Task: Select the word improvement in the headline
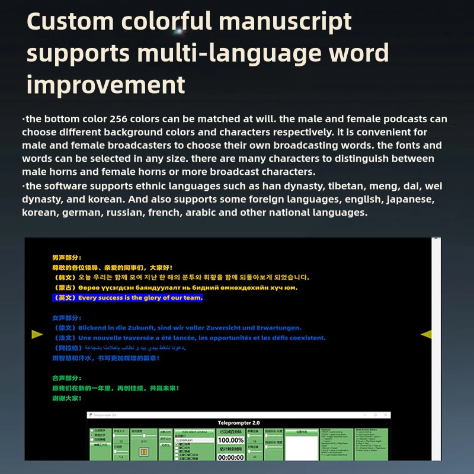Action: [x=106, y=85]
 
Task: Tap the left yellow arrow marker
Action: [x=37, y=335]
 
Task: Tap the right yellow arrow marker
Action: [x=426, y=335]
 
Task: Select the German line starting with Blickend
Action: [x=178, y=328]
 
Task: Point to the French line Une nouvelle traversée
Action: [x=190, y=338]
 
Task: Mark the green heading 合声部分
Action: [x=66, y=377]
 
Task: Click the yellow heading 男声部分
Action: [x=66, y=258]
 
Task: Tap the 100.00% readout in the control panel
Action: [x=230, y=440]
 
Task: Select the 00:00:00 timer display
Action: [x=230, y=457]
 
